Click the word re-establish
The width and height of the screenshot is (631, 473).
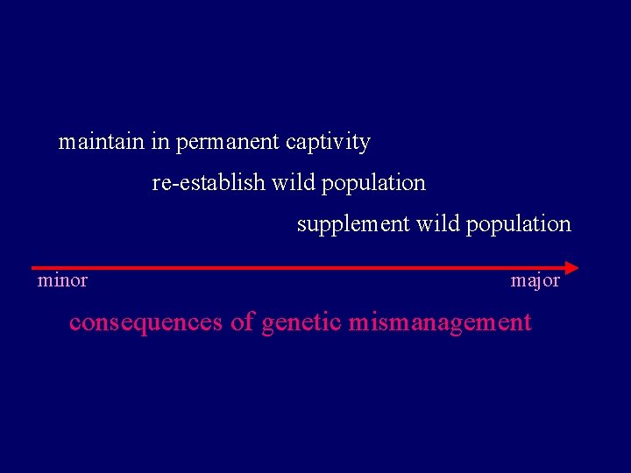coord(209,183)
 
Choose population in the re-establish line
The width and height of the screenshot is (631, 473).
coord(373,184)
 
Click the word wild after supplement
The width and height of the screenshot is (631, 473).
coord(438,224)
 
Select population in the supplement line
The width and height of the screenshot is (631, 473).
coord(518,225)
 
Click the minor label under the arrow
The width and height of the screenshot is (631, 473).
coord(62,281)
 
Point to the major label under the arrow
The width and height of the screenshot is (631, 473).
coord(535,281)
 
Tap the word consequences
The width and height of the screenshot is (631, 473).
coord(145,322)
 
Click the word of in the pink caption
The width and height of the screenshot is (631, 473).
coord(242,322)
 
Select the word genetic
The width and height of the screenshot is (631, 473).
coord(302,323)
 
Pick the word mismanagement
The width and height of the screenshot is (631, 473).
coord(440,323)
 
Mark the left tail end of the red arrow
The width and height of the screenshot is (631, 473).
coord(33,267)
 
